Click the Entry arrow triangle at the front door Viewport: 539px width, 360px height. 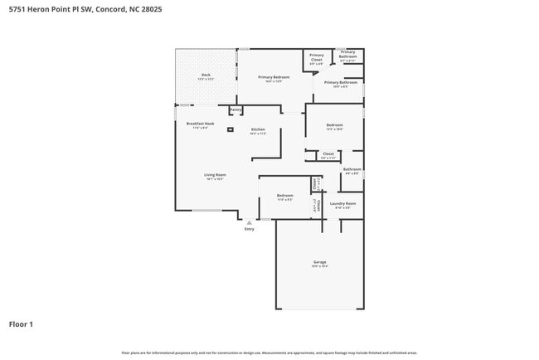(249, 222)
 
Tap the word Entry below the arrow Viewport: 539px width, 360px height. (249, 229)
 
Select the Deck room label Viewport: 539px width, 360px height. (206, 75)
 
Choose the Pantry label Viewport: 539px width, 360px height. (235, 109)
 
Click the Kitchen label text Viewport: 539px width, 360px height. (258, 129)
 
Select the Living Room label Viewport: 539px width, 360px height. (216, 175)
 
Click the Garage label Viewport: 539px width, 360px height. (319, 261)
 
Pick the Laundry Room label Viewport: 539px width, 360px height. (342, 203)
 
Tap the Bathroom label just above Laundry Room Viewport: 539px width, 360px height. (352, 169)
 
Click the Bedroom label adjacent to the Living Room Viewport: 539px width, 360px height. (284, 196)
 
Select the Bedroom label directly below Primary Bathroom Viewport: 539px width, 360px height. (334, 125)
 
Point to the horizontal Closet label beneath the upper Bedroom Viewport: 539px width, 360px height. (328, 153)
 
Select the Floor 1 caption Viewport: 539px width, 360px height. (21, 324)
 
